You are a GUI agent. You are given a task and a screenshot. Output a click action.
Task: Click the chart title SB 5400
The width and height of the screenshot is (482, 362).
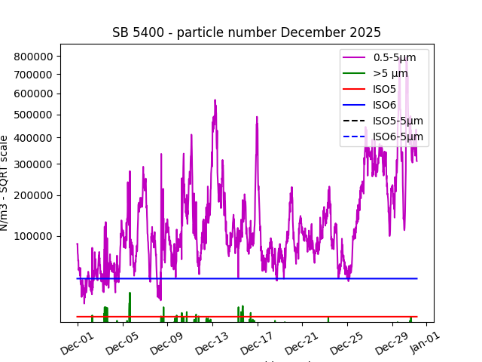pos(246,32)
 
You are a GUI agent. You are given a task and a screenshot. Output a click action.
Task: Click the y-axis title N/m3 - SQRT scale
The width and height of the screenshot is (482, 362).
pos(5,183)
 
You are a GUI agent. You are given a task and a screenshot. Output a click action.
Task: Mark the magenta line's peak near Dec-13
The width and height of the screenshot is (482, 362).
pos(215,100)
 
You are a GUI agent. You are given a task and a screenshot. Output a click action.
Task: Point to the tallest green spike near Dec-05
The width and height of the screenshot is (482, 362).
pos(130,293)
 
